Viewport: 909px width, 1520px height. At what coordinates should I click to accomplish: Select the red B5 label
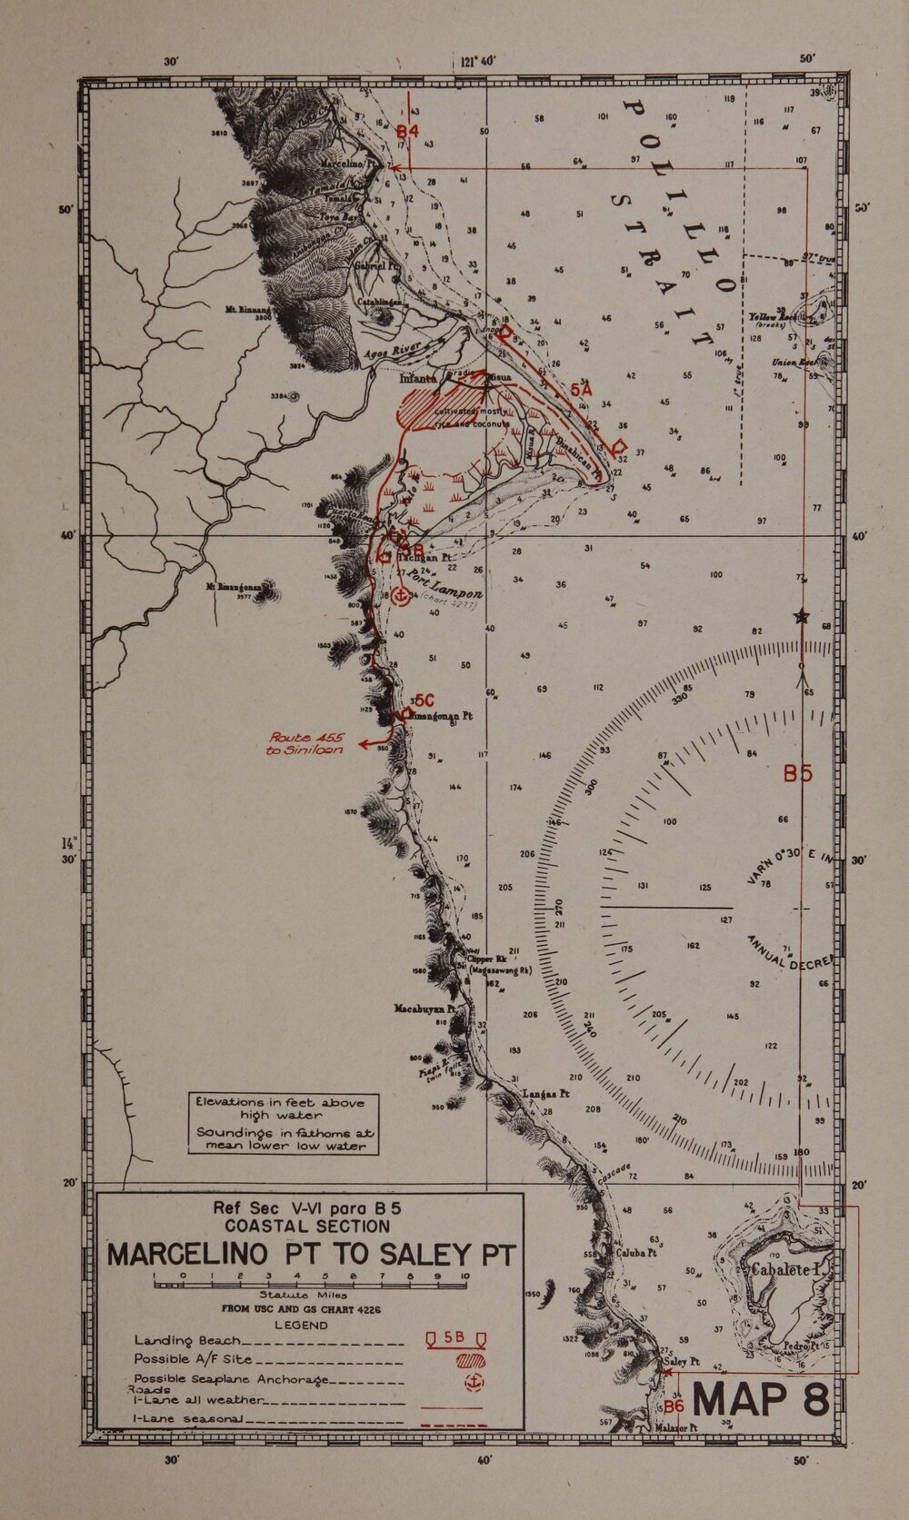797,774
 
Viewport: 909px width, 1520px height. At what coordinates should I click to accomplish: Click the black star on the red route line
801,617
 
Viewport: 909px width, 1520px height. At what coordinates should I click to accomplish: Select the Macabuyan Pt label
423,1008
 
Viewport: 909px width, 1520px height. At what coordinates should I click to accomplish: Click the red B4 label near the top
406,132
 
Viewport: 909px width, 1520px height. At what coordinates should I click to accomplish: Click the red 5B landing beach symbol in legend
455,1338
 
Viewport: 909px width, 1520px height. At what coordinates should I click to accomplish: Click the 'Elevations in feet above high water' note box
280,1122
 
